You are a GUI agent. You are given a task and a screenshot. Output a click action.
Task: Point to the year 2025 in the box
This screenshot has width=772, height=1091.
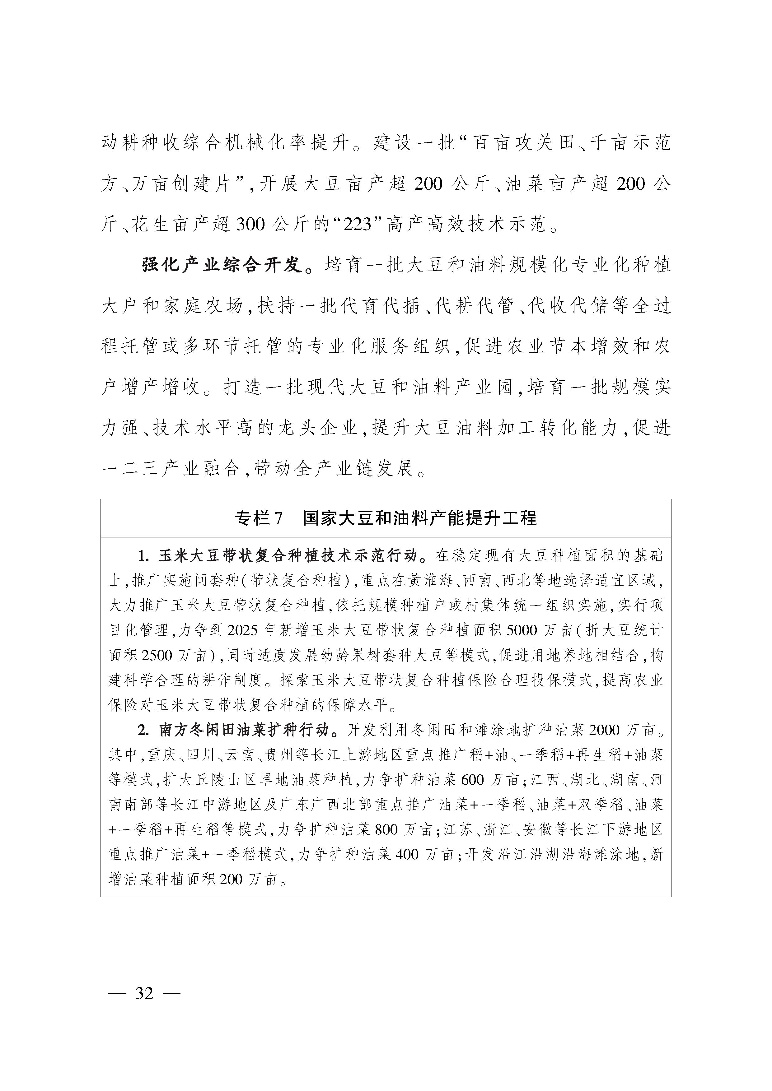point(244,630)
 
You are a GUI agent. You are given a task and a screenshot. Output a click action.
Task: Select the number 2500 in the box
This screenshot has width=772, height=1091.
point(157,655)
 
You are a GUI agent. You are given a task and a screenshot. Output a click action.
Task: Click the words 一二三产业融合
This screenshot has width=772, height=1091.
point(171,469)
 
